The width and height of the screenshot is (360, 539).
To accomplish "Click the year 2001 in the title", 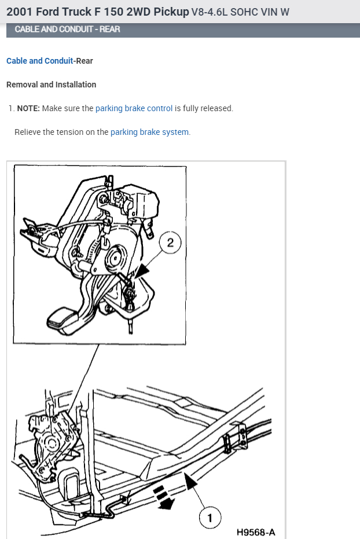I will click(x=19, y=12).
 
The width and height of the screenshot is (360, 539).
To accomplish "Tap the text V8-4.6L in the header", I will click(x=212, y=12).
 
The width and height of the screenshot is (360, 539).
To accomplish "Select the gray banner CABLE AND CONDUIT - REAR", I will click(x=67, y=29).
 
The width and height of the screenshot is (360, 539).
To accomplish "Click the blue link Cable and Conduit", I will click(x=39, y=61).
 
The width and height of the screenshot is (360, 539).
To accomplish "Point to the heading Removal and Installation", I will click(x=51, y=85).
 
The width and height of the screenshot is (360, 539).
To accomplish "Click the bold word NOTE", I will click(x=28, y=108).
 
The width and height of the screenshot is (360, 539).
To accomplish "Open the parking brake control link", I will click(x=134, y=108).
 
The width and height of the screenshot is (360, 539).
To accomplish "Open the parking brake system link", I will click(x=149, y=132).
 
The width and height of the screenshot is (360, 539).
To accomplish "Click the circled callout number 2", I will click(x=170, y=243).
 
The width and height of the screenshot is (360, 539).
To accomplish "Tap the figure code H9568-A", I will click(x=256, y=531).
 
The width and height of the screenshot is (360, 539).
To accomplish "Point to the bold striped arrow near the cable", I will click(x=164, y=497).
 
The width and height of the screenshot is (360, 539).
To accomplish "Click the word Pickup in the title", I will click(x=171, y=12).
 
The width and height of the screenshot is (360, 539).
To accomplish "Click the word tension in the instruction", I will click(x=70, y=132).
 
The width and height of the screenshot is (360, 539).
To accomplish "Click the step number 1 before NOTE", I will click(x=10, y=108).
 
